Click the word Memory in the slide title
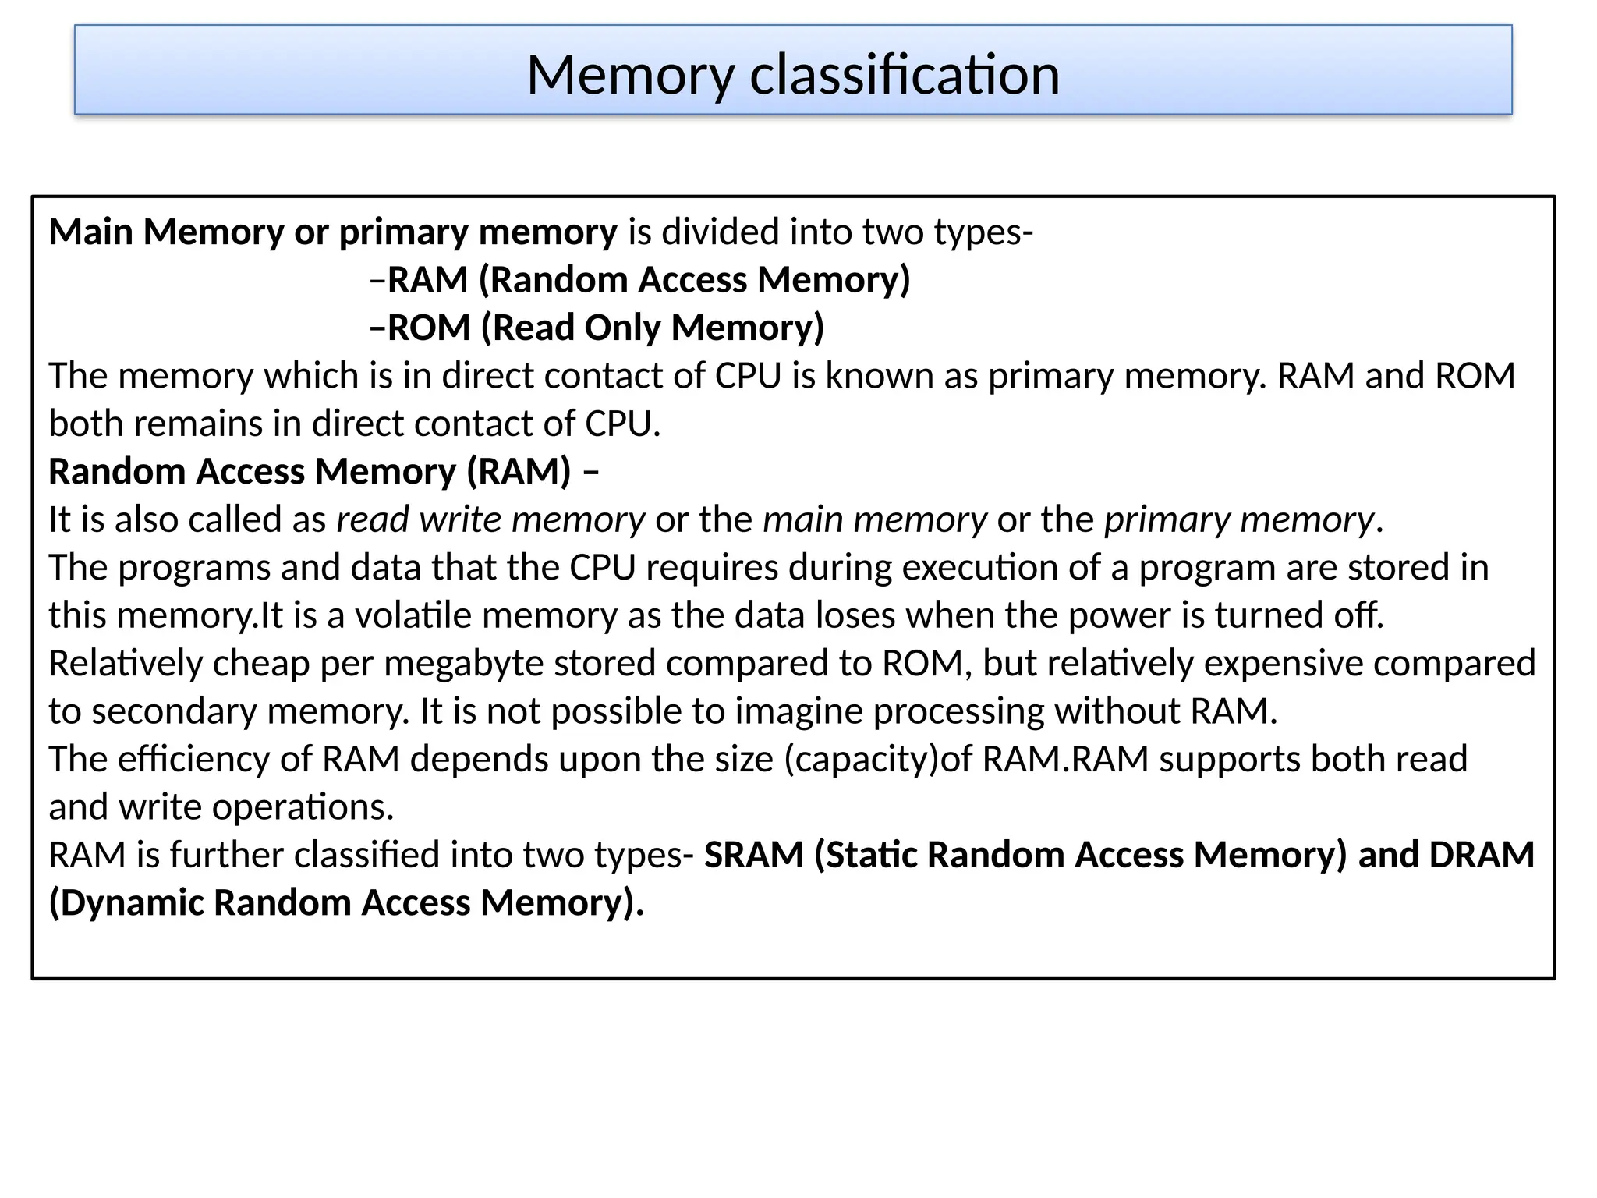630,75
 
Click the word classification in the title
905,75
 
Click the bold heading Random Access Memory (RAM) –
324,471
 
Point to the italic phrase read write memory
490,519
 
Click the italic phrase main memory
874,519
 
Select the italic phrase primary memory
1239,519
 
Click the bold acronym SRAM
753,855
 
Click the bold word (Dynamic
126,902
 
